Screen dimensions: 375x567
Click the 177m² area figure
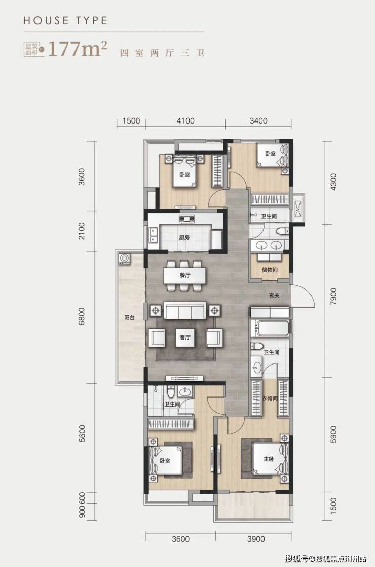coord(78,49)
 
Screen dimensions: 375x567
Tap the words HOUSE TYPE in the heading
coord(65,21)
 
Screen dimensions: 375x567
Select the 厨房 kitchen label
coord(184,237)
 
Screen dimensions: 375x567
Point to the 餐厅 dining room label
coord(185,275)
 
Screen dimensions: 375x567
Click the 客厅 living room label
coord(185,337)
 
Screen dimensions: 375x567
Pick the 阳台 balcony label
coord(130,318)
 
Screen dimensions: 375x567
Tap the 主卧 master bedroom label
coord(269,459)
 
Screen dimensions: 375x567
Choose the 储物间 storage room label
coord(270,270)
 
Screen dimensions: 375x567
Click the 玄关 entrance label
coord(274,295)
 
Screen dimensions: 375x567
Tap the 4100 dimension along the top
coord(185,121)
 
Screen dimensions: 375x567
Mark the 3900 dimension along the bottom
coord(256,539)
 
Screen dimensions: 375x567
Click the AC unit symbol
coord(298,209)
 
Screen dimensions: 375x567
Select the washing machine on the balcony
coord(124,259)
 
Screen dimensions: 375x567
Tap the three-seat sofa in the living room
coord(185,311)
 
